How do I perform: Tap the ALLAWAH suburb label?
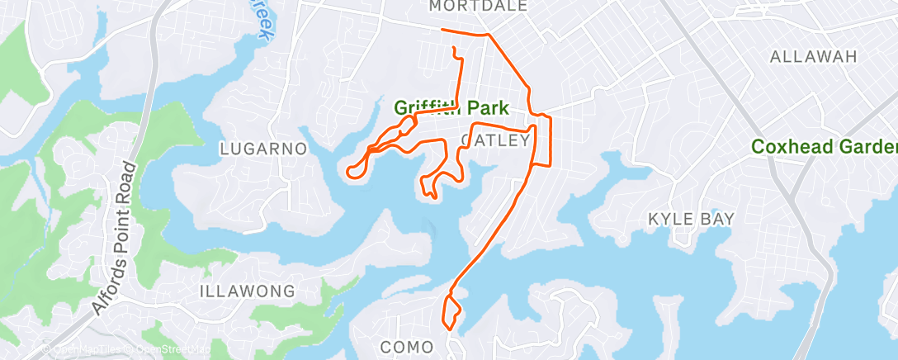pyautogui.click(x=813, y=56)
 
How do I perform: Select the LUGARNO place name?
pyautogui.click(x=263, y=149)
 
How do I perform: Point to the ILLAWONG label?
pyautogui.click(x=247, y=291)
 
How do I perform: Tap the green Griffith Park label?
pyautogui.click(x=450, y=108)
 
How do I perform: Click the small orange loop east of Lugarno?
pyautogui.click(x=356, y=170)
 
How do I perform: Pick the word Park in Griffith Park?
pyautogui.click(x=487, y=108)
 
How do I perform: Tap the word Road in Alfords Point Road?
pyautogui.click(x=132, y=186)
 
